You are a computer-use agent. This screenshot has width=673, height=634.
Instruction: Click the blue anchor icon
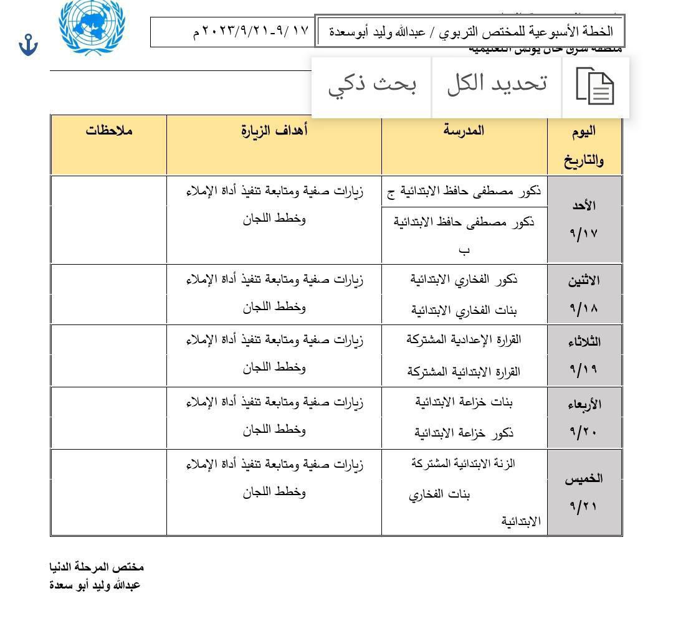click(x=28, y=45)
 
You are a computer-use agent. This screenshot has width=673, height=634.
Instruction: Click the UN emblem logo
click(x=92, y=26)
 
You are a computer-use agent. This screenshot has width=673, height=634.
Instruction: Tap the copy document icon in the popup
click(x=595, y=87)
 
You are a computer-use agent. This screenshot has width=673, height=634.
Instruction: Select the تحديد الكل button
click(x=497, y=83)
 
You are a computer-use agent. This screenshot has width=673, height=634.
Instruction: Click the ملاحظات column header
click(x=109, y=131)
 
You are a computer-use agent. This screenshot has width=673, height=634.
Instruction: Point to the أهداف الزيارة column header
click(x=274, y=131)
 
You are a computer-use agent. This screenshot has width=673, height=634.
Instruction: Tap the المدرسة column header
click(x=464, y=131)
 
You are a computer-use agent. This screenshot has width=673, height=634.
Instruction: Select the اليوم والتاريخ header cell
click(x=584, y=145)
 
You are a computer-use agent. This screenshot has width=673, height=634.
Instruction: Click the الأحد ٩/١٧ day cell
click(x=584, y=219)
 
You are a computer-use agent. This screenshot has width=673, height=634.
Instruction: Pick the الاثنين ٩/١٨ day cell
click(x=584, y=294)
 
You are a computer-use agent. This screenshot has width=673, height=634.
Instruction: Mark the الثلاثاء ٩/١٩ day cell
click(x=584, y=355)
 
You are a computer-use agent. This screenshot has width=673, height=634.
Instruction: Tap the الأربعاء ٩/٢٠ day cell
click(x=584, y=417)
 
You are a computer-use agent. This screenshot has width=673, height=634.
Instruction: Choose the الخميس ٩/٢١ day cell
click(x=584, y=492)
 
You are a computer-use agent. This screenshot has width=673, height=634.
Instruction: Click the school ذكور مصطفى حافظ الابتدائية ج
click(x=464, y=191)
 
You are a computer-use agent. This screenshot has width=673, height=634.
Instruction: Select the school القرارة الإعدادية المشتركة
click(x=464, y=340)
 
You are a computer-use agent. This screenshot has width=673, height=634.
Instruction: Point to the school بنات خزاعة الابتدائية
click(x=464, y=402)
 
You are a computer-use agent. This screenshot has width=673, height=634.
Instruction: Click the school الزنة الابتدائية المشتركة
click(x=464, y=463)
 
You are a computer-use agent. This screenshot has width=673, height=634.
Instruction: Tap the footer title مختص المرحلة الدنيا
click(x=97, y=567)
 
